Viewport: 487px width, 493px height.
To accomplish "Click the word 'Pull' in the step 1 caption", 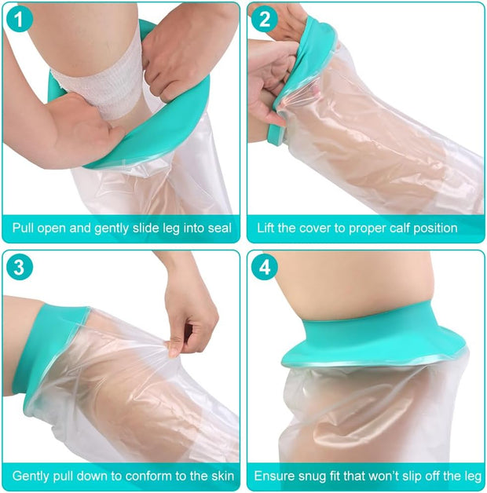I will click(x=24, y=228).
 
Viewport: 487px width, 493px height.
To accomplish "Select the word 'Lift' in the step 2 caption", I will click(x=269, y=228).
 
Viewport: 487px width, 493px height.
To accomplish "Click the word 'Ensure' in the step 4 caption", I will click(x=275, y=476).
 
